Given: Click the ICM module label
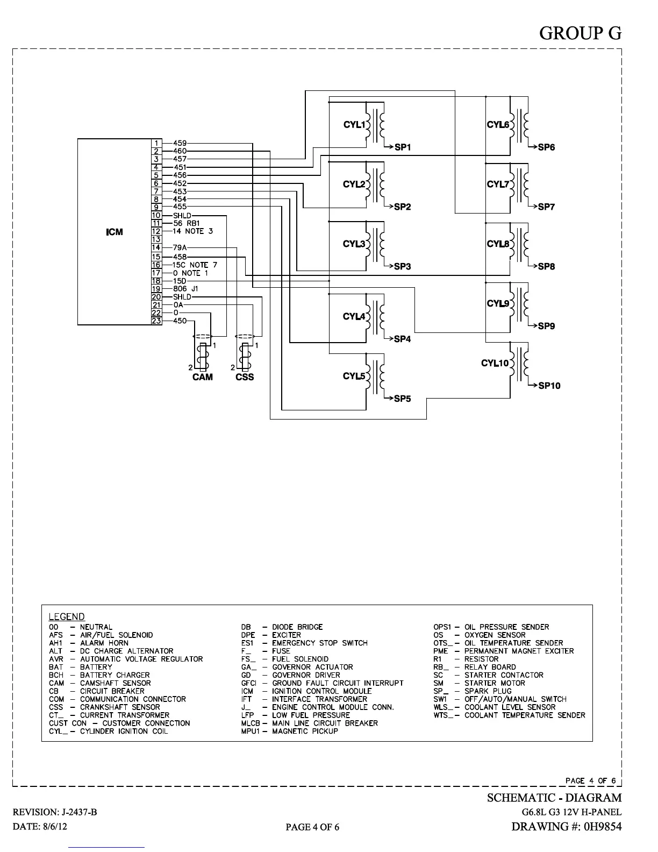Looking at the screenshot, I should click(x=114, y=232).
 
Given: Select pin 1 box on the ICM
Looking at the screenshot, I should click(x=156, y=143).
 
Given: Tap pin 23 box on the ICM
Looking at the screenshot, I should click(x=156, y=321).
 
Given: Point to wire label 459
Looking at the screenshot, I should click(x=180, y=143).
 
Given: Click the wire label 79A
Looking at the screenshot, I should click(x=180, y=248).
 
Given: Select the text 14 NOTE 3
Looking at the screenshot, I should click(x=192, y=231).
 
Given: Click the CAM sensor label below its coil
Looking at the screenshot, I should click(x=203, y=377).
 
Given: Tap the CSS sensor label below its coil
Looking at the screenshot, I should click(x=245, y=377).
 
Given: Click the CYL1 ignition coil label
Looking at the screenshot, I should click(x=354, y=125).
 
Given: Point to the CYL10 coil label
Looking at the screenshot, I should click(x=495, y=364).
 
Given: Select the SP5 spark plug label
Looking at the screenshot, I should click(x=402, y=399).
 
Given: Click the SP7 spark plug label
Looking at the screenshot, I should click(x=546, y=207).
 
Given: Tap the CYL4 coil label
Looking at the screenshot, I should click(x=354, y=316).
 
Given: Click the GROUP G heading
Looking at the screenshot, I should click(x=580, y=33).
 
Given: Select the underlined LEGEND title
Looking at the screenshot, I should click(x=67, y=617).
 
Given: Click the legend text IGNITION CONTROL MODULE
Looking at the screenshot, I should click(x=321, y=691).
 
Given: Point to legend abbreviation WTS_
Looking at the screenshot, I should click(x=443, y=715).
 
